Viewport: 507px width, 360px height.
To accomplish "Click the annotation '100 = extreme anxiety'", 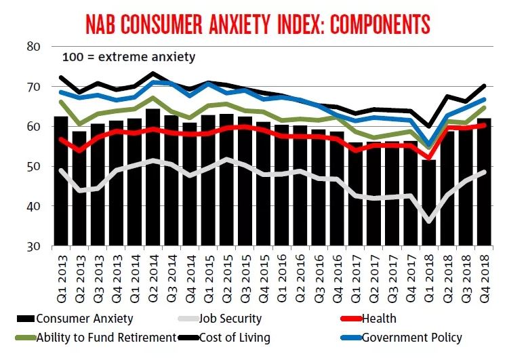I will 129,57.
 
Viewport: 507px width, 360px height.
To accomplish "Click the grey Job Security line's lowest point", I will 428,220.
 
